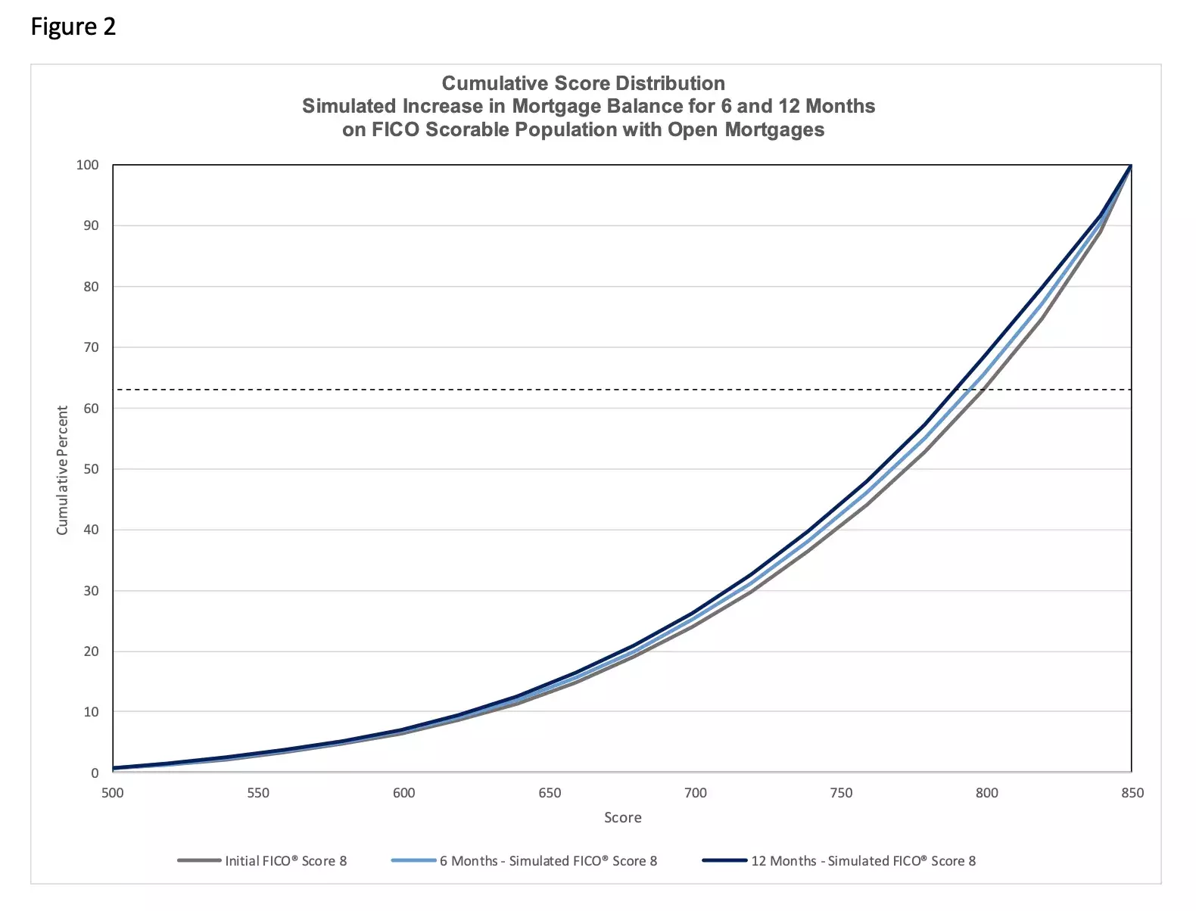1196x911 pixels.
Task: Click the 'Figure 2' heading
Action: point(73,27)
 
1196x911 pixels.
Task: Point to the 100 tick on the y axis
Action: point(88,165)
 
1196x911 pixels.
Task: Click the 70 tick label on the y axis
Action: point(91,347)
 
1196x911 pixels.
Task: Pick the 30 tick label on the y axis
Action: point(91,590)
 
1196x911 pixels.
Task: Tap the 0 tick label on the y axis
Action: point(95,773)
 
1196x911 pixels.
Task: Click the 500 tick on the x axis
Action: point(112,793)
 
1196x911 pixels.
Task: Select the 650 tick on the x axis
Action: point(550,793)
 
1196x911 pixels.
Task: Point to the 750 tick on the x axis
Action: point(841,793)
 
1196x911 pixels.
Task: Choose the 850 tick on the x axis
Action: point(1132,793)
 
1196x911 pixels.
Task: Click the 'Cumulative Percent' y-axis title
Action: point(62,470)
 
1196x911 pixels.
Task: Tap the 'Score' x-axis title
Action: point(622,818)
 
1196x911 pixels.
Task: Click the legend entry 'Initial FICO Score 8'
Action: point(285,861)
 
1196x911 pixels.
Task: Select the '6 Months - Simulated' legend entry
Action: point(548,861)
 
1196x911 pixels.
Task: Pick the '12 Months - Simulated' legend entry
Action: point(863,861)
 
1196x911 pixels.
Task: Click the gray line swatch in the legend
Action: point(199,861)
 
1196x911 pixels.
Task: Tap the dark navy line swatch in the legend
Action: point(724,861)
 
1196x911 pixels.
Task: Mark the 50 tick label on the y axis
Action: point(91,469)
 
